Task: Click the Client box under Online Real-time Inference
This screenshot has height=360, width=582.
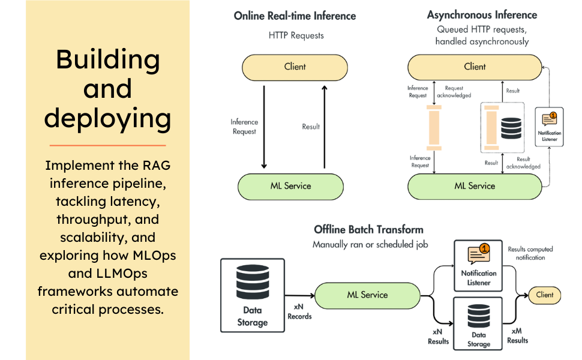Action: pyautogui.click(x=295, y=67)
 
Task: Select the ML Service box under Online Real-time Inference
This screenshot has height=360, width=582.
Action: pyautogui.click(x=290, y=186)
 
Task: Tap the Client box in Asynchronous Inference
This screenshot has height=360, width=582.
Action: pyautogui.click(x=474, y=67)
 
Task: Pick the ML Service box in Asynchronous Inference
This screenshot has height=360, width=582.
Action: pyautogui.click(x=474, y=186)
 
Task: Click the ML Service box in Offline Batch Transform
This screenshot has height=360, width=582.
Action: pyautogui.click(x=367, y=295)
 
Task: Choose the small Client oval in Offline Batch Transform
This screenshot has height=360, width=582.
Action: pyautogui.click(x=545, y=295)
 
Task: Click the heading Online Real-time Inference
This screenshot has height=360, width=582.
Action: pyautogui.click(x=295, y=16)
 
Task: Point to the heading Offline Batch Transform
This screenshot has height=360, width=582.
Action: pyautogui.click(x=368, y=229)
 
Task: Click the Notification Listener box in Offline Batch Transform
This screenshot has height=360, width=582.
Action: pyautogui.click(x=478, y=266)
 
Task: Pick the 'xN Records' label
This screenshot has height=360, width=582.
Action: pyautogui.click(x=299, y=312)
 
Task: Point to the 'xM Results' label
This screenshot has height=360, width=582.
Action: pyautogui.click(x=517, y=335)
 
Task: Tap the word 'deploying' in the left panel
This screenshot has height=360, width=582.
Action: pyautogui.click(x=107, y=118)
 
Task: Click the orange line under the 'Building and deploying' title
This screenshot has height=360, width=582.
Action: pyautogui.click(x=107, y=145)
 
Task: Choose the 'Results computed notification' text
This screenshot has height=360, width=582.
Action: pyautogui.click(x=530, y=253)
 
